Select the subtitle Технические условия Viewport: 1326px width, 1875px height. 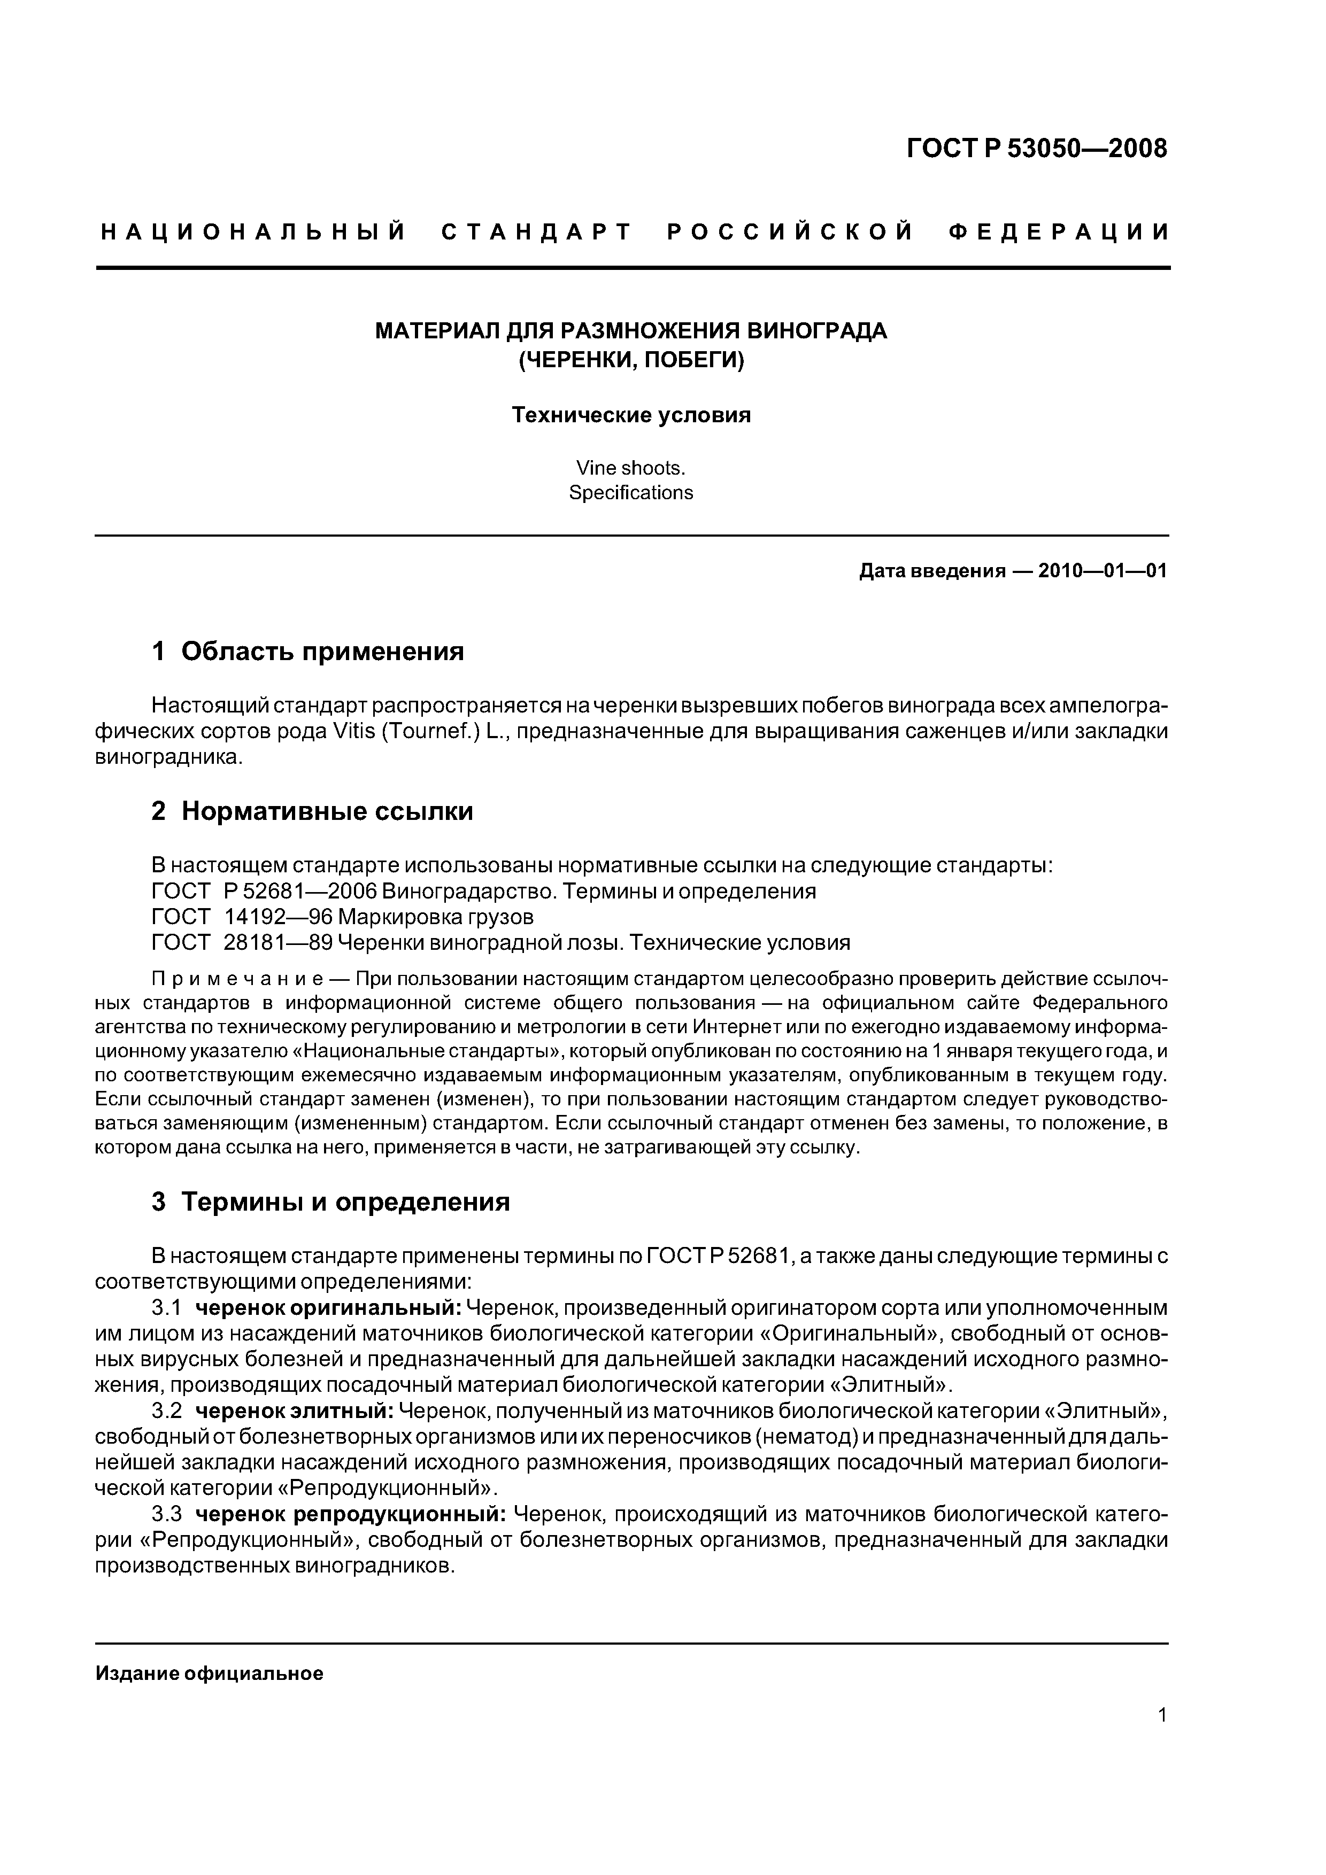coord(631,416)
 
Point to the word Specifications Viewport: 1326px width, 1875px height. coord(631,493)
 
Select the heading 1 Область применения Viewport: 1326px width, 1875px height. coord(307,652)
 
